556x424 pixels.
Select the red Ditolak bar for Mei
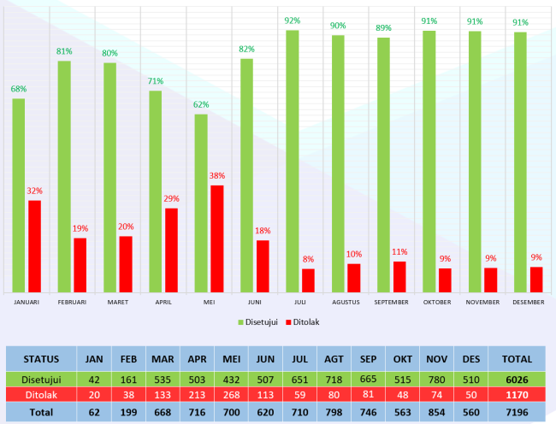tap(217, 238)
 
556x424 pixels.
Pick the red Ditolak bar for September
tap(399, 276)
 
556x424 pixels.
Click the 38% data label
tap(217, 176)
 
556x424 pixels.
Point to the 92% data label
tap(293, 21)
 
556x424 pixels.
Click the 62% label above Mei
tap(201, 105)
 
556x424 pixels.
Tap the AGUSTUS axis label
tap(346, 302)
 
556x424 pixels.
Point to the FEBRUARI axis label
tap(72, 302)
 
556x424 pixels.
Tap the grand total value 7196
tap(516, 411)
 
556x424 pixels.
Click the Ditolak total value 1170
tap(516, 395)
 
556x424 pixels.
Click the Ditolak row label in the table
tap(42, 395)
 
